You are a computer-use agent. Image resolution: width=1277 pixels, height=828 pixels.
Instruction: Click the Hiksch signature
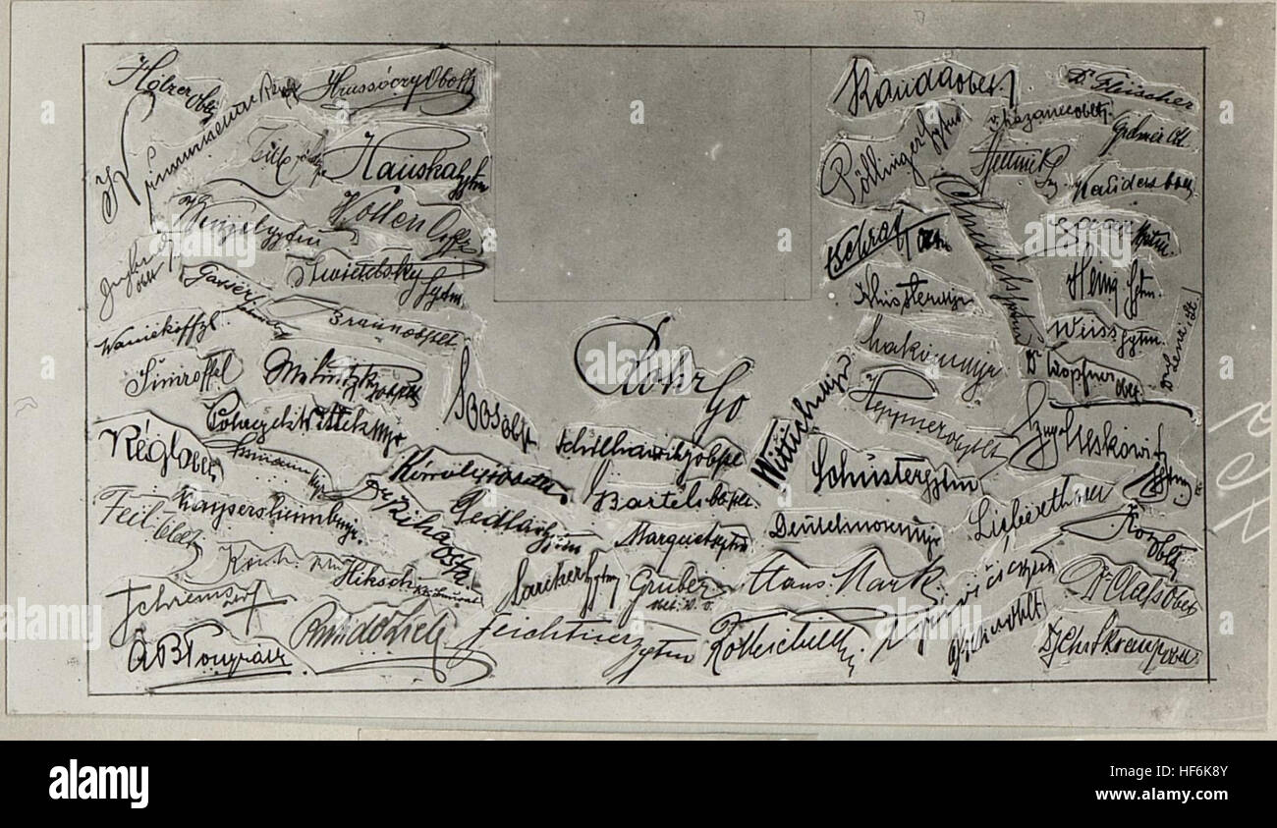click(373, 580)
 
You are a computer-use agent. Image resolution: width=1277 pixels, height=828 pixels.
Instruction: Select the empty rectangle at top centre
click(651, 173)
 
